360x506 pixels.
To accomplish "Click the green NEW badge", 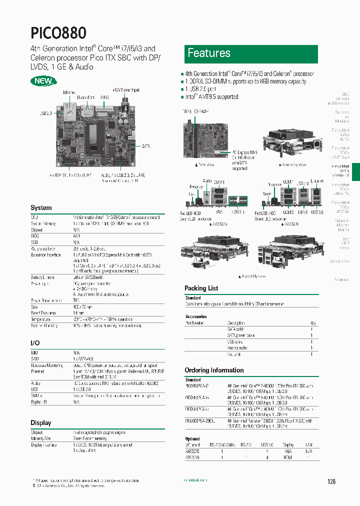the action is point(44,80).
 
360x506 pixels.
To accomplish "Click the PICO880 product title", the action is point(58,33).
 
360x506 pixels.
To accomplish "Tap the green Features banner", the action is point(252,54).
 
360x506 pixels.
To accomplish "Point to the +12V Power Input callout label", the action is point(125,90).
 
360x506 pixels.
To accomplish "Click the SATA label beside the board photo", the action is point(145,146).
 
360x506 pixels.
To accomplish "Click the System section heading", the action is point(41,207).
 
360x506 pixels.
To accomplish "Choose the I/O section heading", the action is point(35,343).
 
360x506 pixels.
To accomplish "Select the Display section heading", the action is point(41,422).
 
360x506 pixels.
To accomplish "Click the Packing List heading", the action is point(201,288).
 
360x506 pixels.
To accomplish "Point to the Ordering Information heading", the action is point(214,370).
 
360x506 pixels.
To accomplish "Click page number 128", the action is point(331,481).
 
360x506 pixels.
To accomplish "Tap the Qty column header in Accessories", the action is point(313,323).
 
